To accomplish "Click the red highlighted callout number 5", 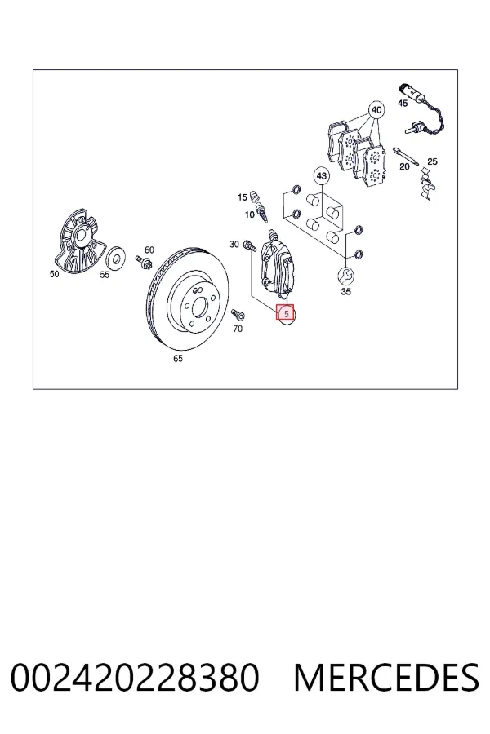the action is click(285, 312).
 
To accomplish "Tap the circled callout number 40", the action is click(376, 110).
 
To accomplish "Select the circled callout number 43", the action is click(321, 176).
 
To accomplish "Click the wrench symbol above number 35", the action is click(346, 276).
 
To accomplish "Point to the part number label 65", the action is click(178, 359).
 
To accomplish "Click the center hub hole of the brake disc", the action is click(198, 307).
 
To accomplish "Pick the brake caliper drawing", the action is click(277, 264).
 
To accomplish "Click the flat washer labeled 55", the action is click(115, 258).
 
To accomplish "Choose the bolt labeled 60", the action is click(144, 261).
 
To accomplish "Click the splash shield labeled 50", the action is click(80, 242).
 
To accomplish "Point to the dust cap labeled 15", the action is click(255, 196).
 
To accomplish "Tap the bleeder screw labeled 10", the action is click(261, 211).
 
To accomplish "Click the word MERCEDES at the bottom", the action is click(387, 678).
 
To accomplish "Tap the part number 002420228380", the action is click(135, 678).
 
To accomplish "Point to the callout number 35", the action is click(345, 292).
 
